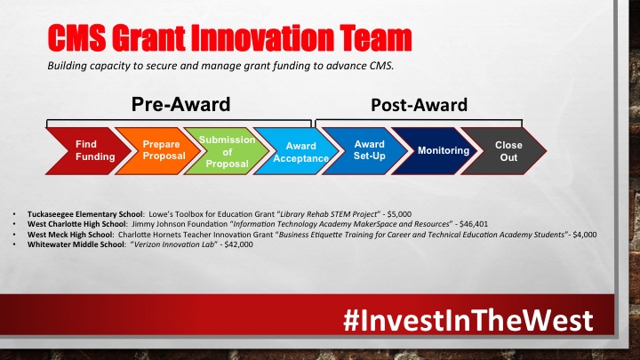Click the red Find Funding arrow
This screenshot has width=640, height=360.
[x=88, y=151]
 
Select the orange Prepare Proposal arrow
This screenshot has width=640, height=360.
[x=159, y=151]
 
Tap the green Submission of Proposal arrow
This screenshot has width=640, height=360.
[x=227, y=151]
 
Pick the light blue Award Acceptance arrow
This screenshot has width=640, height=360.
[x=297, y=151]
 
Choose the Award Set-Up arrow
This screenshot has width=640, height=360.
[x=366, y=151]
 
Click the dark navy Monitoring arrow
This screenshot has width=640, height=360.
[x=436, y=151]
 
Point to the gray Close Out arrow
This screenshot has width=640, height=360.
[x=505, y=151]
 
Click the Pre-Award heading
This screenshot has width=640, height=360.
[x=180, y=105]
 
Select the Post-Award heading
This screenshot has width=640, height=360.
[x=420, y=105]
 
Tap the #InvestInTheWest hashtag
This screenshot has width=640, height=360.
[x=468, y=320]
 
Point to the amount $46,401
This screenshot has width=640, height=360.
[x=474, y=224]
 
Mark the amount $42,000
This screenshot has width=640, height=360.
[x=238, y=244]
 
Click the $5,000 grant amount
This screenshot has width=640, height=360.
[x=399, y=214]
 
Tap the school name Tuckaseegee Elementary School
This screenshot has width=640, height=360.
[x=85, y=214]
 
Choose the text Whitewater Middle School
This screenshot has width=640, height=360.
[x=76, y=244]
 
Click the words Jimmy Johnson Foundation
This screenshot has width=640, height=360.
[x=180, y=224]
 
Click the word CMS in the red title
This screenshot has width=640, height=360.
[x=76, y=38]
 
